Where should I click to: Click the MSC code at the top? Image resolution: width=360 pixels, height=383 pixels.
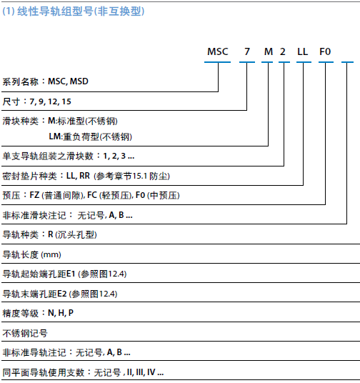tap(218, 51)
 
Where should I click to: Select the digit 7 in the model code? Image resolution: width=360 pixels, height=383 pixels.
tap(247, 51)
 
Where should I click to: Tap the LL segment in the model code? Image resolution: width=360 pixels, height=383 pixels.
tap(303, 51)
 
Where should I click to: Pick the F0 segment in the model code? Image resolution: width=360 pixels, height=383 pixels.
tap(325, 51)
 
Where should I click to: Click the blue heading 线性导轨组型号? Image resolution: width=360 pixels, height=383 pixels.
tap(55, 11)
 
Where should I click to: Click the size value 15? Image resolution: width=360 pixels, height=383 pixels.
tap(66, 101)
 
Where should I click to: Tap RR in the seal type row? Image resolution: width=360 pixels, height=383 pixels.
tap(84, 176)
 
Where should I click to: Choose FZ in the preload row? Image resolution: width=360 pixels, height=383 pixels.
tap(34, 195)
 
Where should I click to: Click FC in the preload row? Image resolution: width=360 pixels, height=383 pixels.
tap(92, 195)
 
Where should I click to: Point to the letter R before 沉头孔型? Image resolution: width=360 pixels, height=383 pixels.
tap(51, 234)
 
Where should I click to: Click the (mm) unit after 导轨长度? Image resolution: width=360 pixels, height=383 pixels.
tap(51, 255)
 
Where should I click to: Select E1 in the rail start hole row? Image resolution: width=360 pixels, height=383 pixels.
tap(71, 274)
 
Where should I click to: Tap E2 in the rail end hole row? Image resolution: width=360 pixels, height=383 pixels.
tap(62, 294)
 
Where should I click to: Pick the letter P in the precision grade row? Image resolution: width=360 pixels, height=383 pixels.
tap(71, 313)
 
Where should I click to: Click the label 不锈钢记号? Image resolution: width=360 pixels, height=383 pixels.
tap(25, 333)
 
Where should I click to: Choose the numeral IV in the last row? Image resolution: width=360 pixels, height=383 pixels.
tap(151, 372)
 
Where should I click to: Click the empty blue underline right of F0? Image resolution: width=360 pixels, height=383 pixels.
tap(347, 62)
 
